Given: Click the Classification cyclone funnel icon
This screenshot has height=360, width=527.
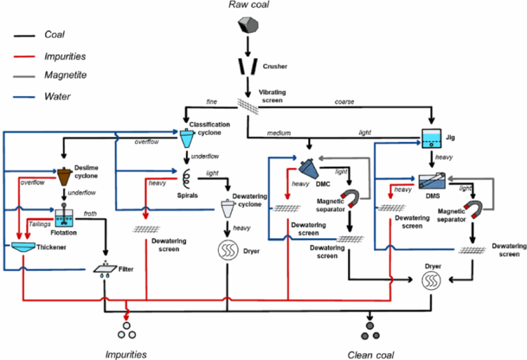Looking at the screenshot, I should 187,138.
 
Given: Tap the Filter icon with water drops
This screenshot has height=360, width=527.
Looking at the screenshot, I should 105,269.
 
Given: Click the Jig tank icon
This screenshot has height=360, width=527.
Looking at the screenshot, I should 430,139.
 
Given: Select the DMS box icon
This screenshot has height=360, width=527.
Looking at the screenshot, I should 431,183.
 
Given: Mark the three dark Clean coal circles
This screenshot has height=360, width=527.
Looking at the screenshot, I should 371,329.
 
